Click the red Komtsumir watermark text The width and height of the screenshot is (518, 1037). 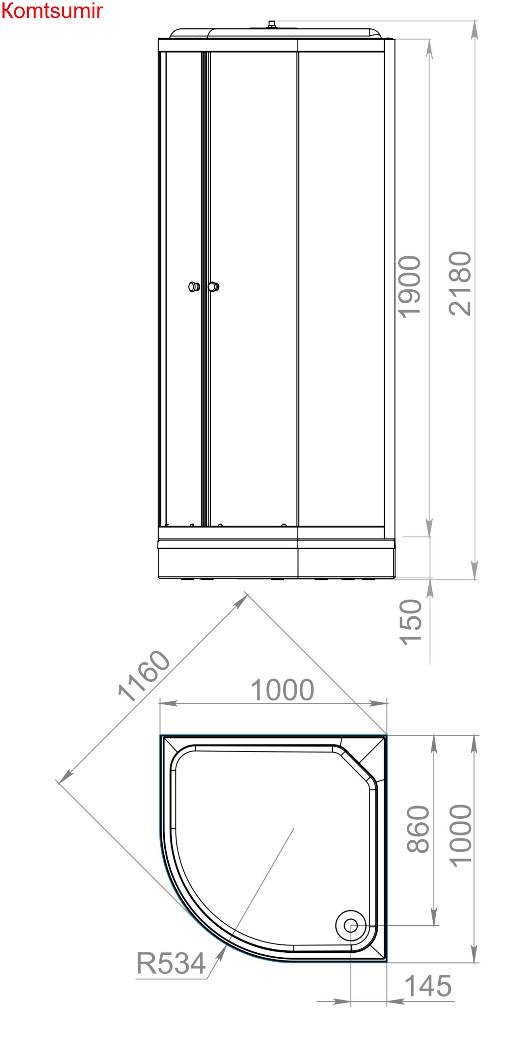click(x=52, y=11)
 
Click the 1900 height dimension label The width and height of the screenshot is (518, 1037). click(x=410, y=287)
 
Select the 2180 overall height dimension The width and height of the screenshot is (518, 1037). click(x=460, y=283)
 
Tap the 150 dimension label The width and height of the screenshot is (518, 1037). click(x=410, y=622)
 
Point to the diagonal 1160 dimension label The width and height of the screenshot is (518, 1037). click(x=143, y=676)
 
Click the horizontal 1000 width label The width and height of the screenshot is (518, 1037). click(x=282, y=690)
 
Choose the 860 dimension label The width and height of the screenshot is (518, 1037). click(x=418, y=829)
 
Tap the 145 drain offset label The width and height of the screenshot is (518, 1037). click(x=428, y=986)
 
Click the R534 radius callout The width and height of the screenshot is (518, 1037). click(x=171, y=963)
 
